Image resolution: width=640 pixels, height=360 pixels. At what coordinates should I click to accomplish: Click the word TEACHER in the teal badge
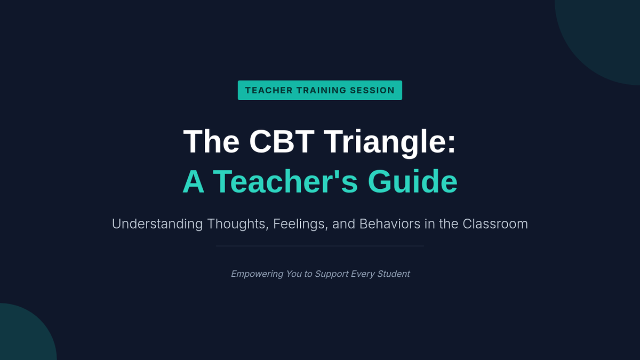[269, 90]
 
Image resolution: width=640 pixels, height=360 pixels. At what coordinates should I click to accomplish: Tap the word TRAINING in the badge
[322, 90]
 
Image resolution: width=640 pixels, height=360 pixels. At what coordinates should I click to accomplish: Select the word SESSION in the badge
[372, 90]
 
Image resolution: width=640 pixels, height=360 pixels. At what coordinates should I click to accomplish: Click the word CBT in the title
[282, 141]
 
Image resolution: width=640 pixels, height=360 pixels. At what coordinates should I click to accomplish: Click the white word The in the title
[211, 141]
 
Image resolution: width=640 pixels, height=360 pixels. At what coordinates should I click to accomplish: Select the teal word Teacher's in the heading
[285, 181]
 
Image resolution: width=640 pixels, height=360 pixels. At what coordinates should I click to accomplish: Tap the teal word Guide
[413, 181]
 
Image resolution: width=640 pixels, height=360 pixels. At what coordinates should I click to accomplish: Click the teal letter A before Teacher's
[194, 181]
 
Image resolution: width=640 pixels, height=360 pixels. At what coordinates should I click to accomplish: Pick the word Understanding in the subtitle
[157, 224]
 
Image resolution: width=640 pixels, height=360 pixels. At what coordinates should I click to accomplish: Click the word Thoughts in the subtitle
[238, 224]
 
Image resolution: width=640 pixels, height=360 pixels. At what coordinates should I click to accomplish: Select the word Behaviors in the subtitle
[390, 223]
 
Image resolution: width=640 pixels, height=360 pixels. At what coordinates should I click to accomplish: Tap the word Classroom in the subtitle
[495, 223]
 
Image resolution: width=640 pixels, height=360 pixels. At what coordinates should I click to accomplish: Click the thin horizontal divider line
[319, 246]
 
